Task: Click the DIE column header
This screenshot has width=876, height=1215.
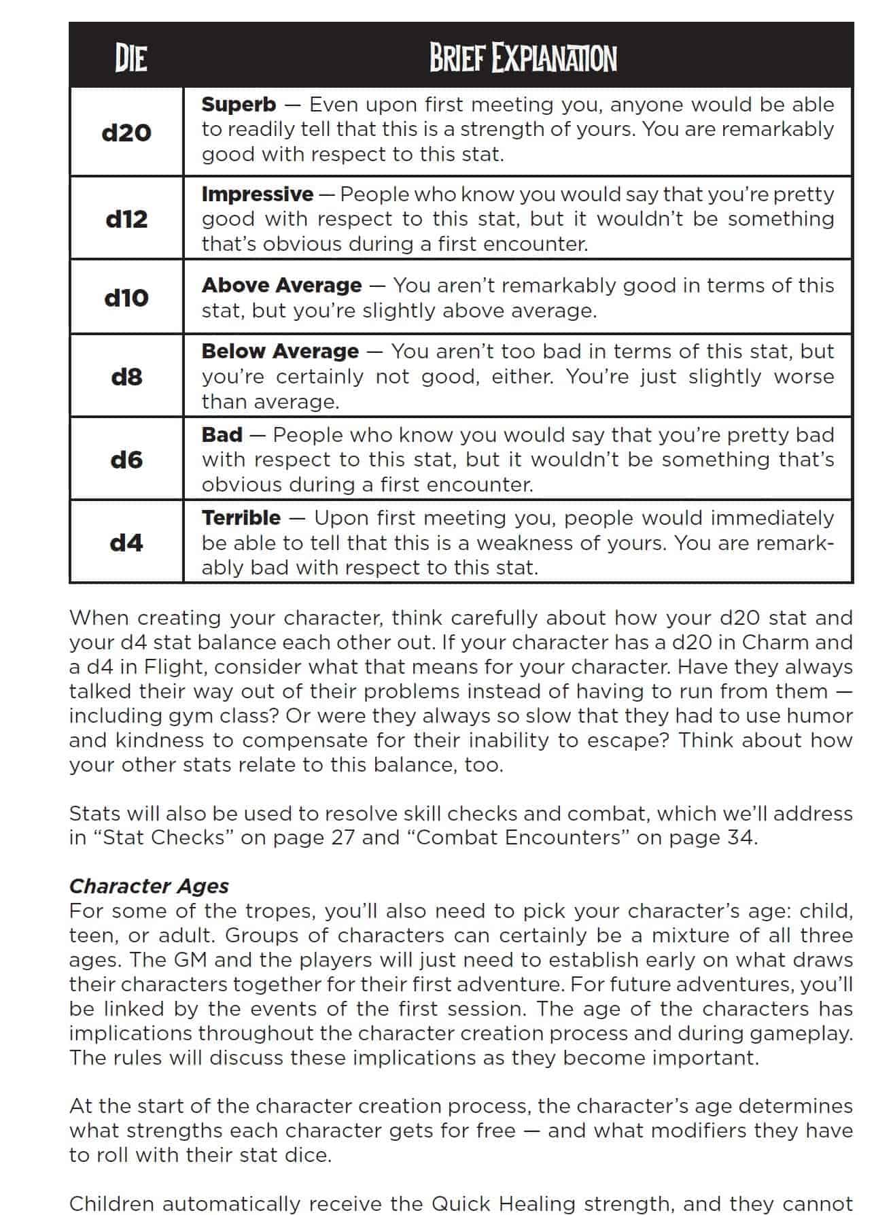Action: (x=130, y=58)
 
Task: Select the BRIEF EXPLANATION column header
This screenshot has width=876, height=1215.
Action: (x=523, y=58)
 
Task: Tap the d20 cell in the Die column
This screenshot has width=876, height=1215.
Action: (x=126, y=132)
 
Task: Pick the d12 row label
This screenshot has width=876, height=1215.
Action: (x=126, y=219)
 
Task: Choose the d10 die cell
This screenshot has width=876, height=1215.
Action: (x=126, y=297)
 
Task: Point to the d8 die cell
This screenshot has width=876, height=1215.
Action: (x=126, y=376)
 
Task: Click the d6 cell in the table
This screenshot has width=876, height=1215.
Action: (x=126, y=460)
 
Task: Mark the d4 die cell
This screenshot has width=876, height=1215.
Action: (x=126, y=543)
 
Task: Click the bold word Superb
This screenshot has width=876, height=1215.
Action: (x=239, y=105)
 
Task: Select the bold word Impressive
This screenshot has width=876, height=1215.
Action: (x=257, y=194)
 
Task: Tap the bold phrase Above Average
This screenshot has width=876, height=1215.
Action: (x=281, y=286)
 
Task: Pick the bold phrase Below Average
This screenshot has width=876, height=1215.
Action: (x=280, y=352)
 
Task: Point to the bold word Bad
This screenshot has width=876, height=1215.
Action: (x=222, y=435)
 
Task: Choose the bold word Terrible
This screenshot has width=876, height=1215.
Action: (x=241, y=518)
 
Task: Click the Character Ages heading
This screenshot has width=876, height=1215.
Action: (x=149, y=886)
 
